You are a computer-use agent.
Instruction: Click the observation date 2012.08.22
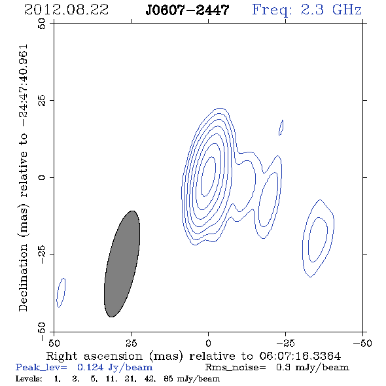click(66, 10)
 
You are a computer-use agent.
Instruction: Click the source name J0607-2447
click(187, 10)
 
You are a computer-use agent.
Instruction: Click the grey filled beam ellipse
click(122, 264)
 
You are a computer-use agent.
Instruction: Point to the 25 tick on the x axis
click(132, 343)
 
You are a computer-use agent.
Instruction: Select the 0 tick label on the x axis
click(208, 343)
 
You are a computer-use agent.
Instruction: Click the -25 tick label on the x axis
click(285, 343)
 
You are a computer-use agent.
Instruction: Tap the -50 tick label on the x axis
click(362, 343)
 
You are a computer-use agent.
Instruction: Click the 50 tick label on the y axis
click(42, 24)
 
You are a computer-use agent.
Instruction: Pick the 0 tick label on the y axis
click(42, 177)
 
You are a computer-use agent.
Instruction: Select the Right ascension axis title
click(194, 356)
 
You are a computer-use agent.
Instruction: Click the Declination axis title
click(23, 178)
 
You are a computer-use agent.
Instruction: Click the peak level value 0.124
click(90, 367)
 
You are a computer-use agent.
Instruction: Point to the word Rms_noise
click(236, 368)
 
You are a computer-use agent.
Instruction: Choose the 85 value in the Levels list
click(168, 378)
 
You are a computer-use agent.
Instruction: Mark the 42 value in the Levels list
click(150, 378)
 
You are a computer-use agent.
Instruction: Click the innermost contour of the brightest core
click(215, 170)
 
